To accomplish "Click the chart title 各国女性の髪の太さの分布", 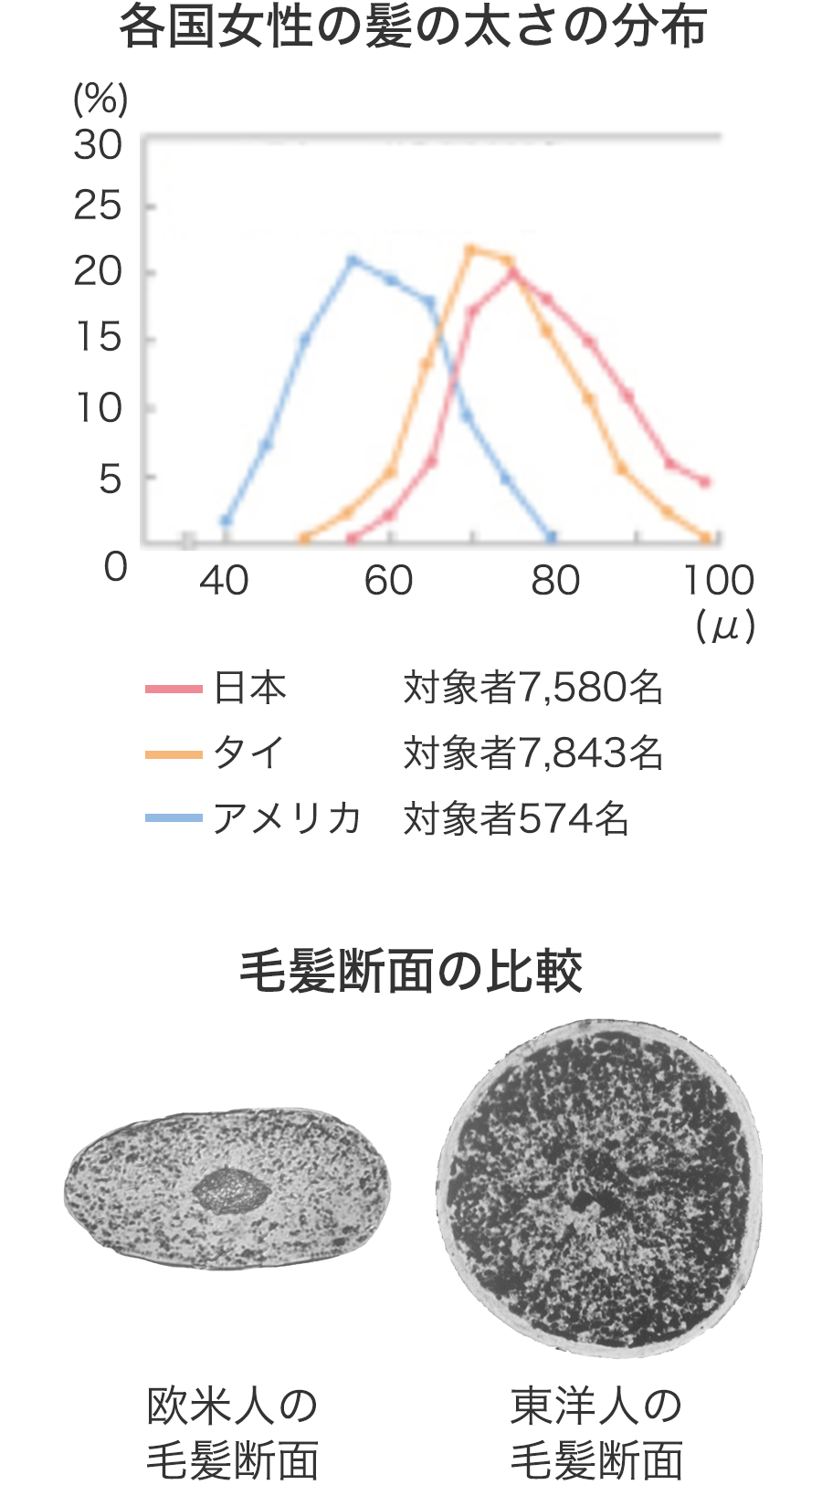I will tap(413, 27).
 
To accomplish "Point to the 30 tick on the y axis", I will tap(98, 145).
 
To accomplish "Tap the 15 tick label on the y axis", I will tap(98, 339).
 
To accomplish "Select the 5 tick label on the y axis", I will tap(110, 479).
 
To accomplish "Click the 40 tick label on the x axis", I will tap(224, 581).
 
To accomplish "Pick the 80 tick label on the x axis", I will tap(555, 581).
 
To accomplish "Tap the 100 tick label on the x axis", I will tap(719, 581).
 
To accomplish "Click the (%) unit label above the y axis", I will tap(100, 99).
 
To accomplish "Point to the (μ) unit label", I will tap(724, 627).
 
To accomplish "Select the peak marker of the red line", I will tap(513, 272).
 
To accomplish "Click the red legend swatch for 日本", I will tap(174, 689).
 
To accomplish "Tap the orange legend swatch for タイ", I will tap(174, 754).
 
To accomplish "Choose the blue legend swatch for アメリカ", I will tap(174, 818).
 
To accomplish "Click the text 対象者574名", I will tap(516, 818).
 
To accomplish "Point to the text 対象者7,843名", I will tap(532, 753).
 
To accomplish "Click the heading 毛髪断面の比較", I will tap(411, 972).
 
